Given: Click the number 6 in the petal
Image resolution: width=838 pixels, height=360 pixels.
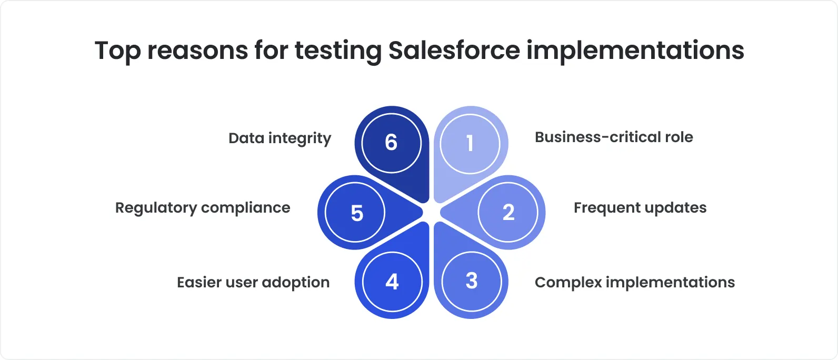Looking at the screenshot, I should click(391, 143).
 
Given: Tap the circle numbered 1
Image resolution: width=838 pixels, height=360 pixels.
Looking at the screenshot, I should click(470, 143).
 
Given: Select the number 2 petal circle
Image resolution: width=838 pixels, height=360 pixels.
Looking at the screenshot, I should click(508, 213).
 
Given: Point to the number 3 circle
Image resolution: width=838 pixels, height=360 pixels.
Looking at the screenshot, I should click(472, 281).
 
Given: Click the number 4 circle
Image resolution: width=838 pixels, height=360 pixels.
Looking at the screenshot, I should click(392, 282).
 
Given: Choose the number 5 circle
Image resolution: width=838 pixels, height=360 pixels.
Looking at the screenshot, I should click(356, 213).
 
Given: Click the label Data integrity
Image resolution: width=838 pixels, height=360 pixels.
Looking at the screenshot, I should click(280, 138).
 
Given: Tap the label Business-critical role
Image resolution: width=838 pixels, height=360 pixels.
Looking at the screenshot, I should click(614, 137).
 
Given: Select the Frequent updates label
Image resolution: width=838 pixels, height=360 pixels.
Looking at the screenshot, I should click(640, 208).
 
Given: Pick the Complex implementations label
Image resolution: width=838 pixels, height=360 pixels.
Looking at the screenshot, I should click(634, 283).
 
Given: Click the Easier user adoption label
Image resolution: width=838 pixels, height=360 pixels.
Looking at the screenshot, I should click(253, 283).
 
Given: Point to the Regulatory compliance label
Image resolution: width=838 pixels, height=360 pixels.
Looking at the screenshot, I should click(203, 208).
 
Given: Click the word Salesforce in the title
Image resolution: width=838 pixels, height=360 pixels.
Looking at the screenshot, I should click(454, 51).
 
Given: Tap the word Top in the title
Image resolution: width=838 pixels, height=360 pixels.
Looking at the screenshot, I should click(117, 51).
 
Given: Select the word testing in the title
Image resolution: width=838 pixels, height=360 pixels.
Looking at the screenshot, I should click(338, 51).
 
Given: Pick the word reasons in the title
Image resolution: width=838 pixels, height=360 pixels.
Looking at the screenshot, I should click(197, 51).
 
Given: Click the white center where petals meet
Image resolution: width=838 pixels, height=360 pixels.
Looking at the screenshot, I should click(431, 212).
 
